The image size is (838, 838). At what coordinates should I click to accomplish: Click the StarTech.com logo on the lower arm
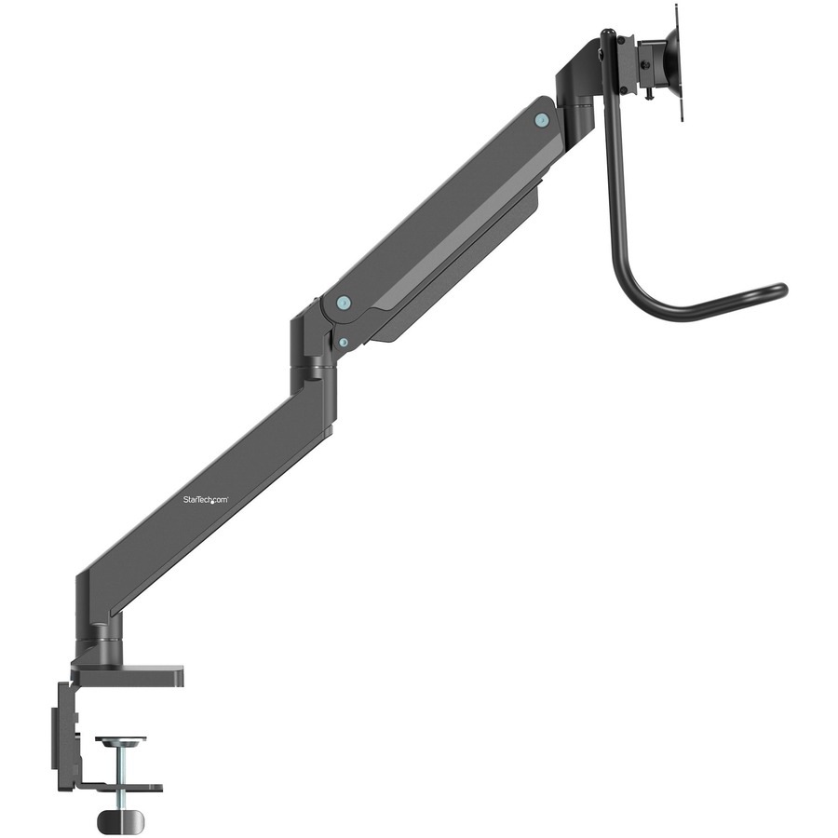(204, 501)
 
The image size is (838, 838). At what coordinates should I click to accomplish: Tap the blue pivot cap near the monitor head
(542, 120)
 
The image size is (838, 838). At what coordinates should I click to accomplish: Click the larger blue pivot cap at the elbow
(344, 303)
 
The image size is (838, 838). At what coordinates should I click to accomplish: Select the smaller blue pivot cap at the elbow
(344, 343)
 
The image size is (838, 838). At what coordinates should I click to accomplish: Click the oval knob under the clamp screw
(121, 819)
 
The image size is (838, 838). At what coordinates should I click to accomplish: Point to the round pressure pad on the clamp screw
(121, 741)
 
